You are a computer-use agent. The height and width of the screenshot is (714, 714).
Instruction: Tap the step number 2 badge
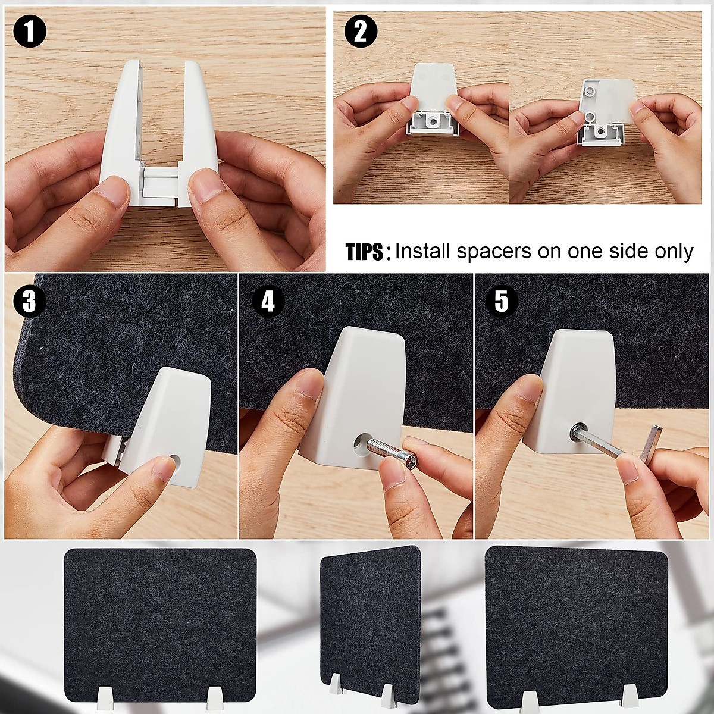click(x=361, y=31)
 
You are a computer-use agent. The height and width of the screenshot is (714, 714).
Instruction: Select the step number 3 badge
click(x=29, y=300)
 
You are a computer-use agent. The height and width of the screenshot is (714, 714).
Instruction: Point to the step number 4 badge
click(x=268, y=300)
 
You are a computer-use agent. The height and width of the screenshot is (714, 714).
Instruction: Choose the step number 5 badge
click(x=502, y=300)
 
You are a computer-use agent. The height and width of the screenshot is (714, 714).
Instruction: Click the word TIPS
click(x=365, y=252)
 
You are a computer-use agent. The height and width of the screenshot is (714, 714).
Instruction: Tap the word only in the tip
click(x=673, y=251)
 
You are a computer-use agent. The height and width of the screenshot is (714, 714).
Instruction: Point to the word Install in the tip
click(x=423, y=251)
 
